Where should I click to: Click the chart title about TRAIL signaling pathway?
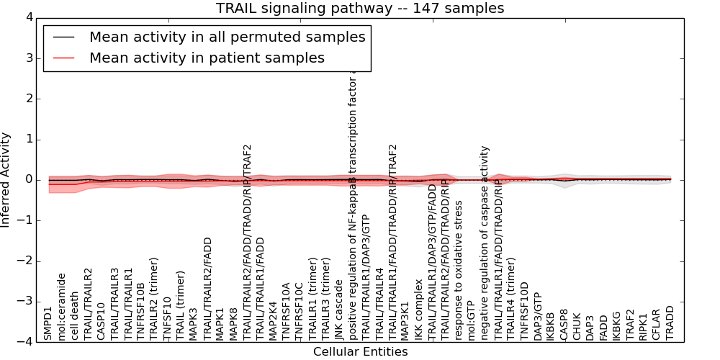[x=360, y=8]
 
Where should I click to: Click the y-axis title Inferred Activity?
[x=6, y=179]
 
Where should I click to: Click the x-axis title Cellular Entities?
[x=360, y=352]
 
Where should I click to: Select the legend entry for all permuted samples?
[x=227, y=37]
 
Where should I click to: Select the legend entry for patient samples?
[x=207, y=58]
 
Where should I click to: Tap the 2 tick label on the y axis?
[x=28, y=99]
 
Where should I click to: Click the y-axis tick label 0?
[x=28, y=179]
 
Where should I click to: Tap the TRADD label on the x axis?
[x=670, y=323]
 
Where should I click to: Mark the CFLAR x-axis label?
[x=657, y=324]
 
